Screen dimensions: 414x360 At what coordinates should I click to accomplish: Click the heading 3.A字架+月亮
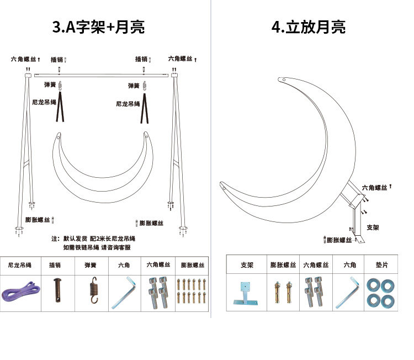(x=99, y=27)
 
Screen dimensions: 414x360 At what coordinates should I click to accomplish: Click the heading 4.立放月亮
(x=309, y=27)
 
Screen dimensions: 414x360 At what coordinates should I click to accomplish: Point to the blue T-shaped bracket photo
(x=245, y=292)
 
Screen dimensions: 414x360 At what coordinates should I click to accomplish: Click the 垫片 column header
(x=381, y=265)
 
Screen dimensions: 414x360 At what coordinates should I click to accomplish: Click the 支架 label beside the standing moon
(x=373, y=227)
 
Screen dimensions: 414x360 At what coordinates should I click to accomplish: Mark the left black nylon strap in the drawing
(x=61, y=107)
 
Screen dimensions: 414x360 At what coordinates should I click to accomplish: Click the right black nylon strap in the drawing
(x=146, y=108)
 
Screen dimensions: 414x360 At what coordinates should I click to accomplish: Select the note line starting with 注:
(x=94, y=239)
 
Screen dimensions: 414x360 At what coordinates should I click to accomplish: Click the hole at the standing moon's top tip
(x=284, y=80)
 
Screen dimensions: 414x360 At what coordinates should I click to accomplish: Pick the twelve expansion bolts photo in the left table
(x=192, y=290)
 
